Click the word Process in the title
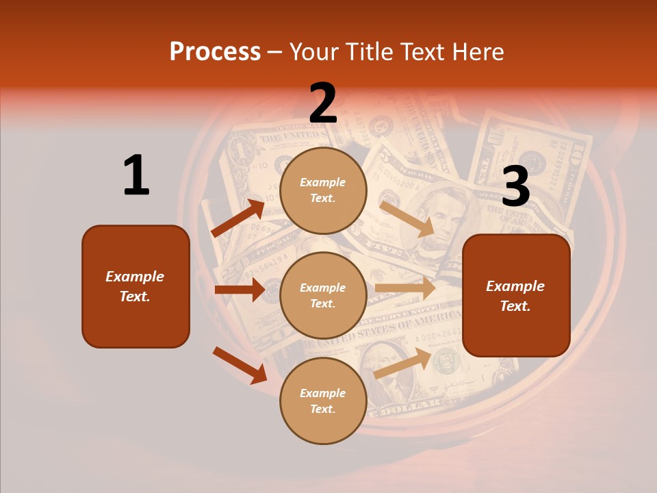tap(215, 52)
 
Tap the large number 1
tap(136, 175)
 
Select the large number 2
tap(323, 103)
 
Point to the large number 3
tap(515, 186)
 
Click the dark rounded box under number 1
tap(136, 286)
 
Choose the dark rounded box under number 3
tap(516, 296)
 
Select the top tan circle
tap(323, 190)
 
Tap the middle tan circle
tap(323, 295)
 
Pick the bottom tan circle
tap(323, 401)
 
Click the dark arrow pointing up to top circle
tap(238, 218)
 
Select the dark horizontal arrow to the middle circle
tap(240, 290)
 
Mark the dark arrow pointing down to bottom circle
tap(240, 364)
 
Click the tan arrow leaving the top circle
tap(407, 218)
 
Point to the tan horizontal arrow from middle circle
tap(405, 288)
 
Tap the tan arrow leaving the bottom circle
tap(402, 364)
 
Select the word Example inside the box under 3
tap(515, 286)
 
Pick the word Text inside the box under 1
tap(134, 296)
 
